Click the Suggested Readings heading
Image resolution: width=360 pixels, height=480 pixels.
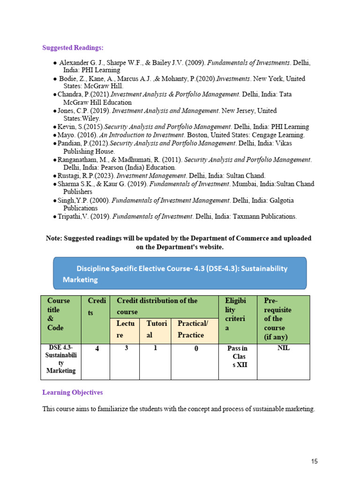point(73,48)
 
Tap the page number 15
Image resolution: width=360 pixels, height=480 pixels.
point(314,461)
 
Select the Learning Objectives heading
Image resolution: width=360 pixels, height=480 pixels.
point(73,392)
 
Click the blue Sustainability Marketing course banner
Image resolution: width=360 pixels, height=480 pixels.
point(180,273)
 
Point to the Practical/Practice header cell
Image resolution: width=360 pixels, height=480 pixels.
point(195,329)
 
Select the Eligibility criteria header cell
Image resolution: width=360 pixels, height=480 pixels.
point(238,314)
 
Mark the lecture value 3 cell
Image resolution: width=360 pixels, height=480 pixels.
point(127,348)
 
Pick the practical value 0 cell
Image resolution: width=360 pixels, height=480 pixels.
point(196,349)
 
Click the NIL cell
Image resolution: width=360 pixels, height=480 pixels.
point(284,348)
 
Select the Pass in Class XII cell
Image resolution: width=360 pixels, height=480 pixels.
point(237,356)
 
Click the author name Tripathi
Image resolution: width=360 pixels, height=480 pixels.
point(70,217)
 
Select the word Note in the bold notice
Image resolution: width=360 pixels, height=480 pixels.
point(54,239)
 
